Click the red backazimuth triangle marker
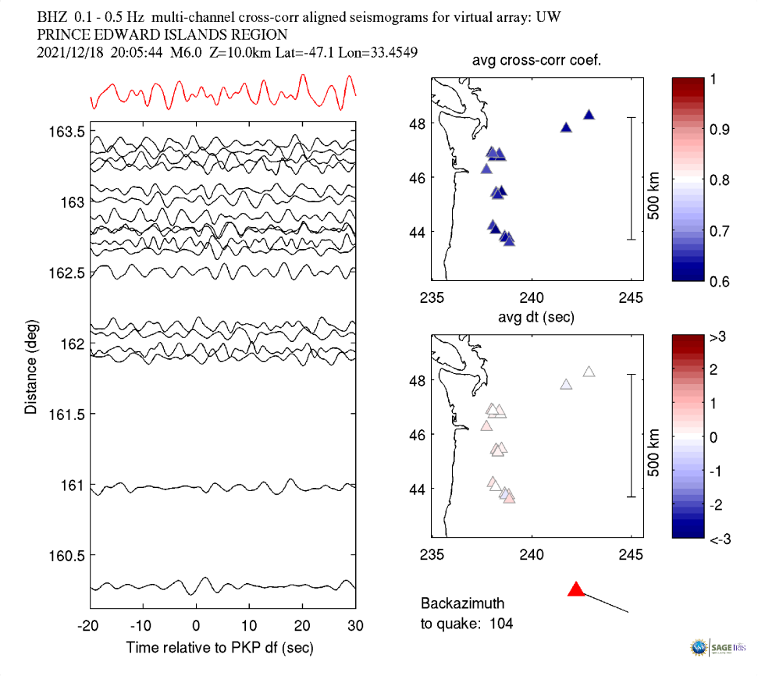point(576,589)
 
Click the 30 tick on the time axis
point(356,625)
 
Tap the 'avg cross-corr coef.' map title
point(536,61)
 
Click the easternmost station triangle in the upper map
point(589,115)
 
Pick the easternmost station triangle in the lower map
point(589,372)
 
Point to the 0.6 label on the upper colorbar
point(717,282)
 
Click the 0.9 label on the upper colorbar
point(717,129)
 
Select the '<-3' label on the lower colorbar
point(717,539)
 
